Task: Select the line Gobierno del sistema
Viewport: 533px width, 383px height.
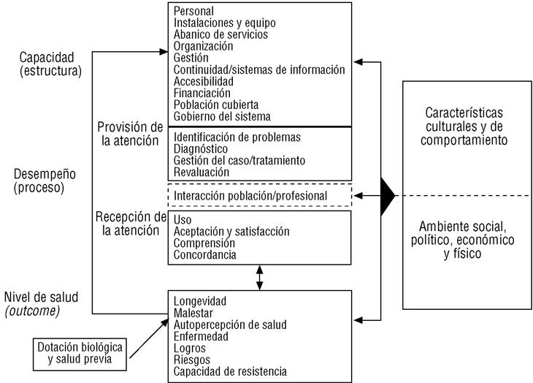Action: (x=222, y=116)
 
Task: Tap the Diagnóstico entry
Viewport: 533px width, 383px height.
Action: (x=201, y=148)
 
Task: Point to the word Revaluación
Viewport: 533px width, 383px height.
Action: (x=202, y=172)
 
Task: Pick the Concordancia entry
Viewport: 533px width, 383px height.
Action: (x=204, y=255)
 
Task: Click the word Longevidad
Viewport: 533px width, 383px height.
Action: (x=200, y=301)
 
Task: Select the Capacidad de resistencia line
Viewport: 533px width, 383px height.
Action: (x=230, y=371)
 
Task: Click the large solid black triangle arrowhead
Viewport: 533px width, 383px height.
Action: (x=387, y=196)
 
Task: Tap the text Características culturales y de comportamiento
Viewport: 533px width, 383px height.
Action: (x=467, y=126)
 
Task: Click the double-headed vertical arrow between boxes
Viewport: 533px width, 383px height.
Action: (x=260, y=277)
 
